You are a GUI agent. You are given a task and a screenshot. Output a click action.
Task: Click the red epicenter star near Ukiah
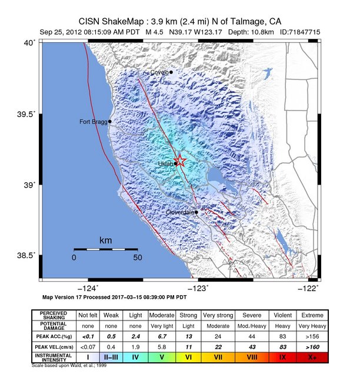(x=181, y=161)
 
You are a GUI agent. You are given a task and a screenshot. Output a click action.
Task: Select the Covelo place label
(x=159, y=72)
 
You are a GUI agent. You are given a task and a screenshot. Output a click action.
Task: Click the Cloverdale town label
(x=180, y=212)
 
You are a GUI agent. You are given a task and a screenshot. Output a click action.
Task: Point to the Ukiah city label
(x=165, y=164)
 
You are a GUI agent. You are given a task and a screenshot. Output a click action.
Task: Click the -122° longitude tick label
(x=308, y=288)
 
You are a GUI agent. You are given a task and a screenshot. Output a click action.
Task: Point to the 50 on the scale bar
(x=138, y=258)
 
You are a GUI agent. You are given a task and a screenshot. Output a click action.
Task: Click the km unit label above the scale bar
(x=106, y=241)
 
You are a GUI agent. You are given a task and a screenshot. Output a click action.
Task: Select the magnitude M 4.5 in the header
(x=155, y=31)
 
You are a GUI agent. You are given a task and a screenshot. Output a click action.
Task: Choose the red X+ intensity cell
(x=312, y=357)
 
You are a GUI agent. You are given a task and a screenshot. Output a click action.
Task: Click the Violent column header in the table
(x=280, y=315)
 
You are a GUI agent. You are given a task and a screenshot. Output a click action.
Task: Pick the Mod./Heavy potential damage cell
(x=249, y=325)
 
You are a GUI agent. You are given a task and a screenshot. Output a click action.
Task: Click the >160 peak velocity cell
(x=312, y=346)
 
